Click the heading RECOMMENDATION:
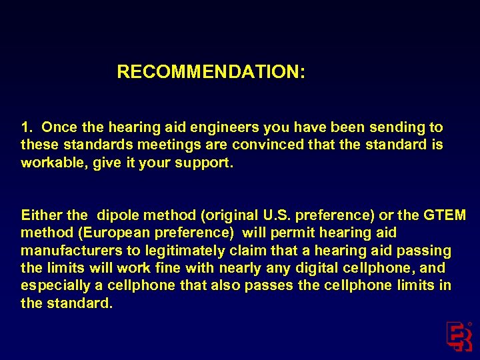[x=211, y=72]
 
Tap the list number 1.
[x=26, y=127]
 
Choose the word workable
[x=51, y=163]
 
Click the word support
[x=207, y=163]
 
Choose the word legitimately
[x=172, y=251]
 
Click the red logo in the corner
[x=459, y=336]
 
